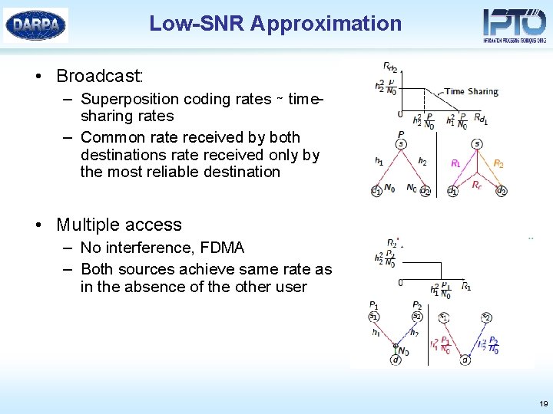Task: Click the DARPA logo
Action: pos(35,25)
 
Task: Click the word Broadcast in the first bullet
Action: pos(99,76)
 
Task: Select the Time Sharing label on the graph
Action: pos(471,91)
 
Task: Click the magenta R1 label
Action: pos(455,163)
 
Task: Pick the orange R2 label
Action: pos(498,163)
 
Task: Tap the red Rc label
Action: pos(477,185)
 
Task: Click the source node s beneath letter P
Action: pos(401,144)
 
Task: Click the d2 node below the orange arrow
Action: pos(501,191)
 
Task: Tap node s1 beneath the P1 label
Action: pos(373,317)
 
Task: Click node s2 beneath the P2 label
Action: pos(416,317)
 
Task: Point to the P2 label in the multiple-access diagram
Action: pos(416,304)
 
